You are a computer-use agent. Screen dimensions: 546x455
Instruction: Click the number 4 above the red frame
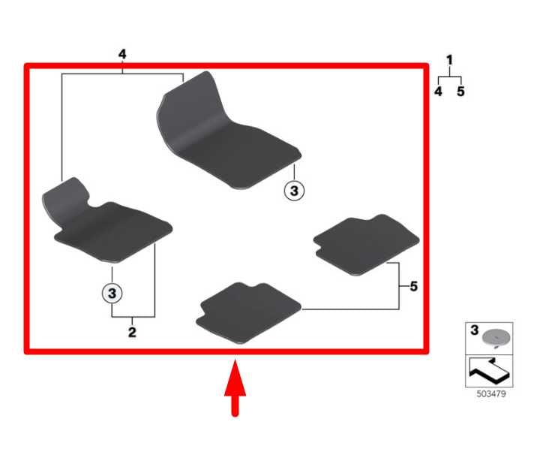coord(122,54)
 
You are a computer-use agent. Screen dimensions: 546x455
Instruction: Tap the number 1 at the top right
coord(449,60)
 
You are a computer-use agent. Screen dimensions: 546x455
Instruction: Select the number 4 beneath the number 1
coord(438,92)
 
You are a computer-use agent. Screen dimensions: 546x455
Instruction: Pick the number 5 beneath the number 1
coord(460,92)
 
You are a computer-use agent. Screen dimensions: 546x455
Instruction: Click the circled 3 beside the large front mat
coord(294,191)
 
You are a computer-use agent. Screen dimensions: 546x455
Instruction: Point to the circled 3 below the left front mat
coord(112,293)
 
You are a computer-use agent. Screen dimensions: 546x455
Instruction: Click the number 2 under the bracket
coord(132,332)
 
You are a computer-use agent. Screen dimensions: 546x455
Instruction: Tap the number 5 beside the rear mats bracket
coord(414,286)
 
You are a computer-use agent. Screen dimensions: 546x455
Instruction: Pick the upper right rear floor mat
coord(366,245)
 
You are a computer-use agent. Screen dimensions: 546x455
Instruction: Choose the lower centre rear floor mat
coord(248,313)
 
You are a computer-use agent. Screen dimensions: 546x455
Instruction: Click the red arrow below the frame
coord(235,387)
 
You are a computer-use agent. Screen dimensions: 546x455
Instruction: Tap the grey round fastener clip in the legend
coord(496,338)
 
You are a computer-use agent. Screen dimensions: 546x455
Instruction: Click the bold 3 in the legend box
coord(474,330)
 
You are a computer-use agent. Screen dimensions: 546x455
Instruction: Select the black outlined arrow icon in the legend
coord(489,370)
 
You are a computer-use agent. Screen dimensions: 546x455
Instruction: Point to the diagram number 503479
coord(491,394)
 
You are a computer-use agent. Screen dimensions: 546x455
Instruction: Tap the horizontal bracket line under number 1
coord(449,77)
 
